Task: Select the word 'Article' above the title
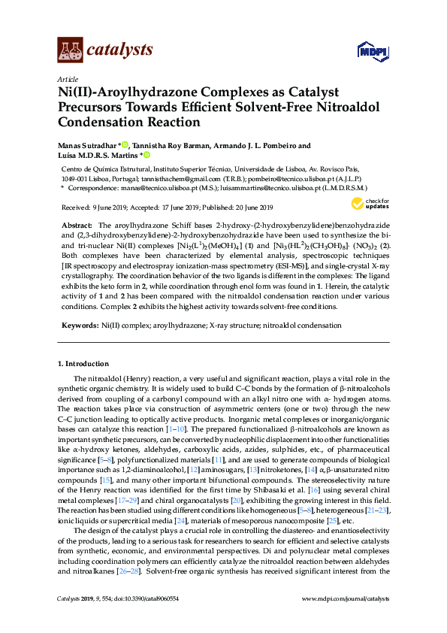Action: (67, 79)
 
